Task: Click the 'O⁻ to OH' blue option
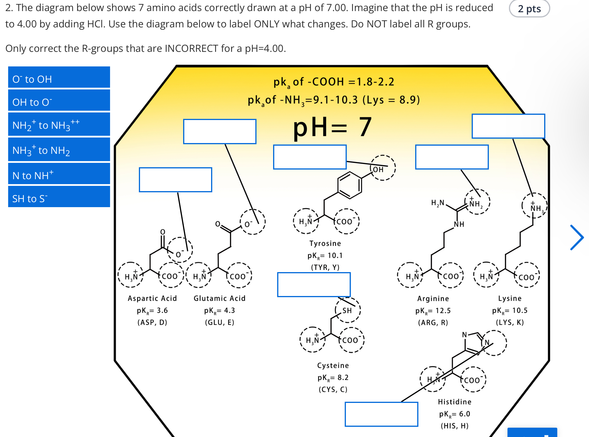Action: (59, 77)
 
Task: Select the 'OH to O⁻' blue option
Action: (59, 101)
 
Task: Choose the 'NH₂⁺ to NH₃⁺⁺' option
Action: (59, 124)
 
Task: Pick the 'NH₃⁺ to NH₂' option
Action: (59, 149)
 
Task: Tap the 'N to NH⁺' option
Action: (59, 174)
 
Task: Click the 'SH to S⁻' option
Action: (59, 197)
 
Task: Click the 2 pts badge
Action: (529, 9)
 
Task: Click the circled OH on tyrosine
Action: (382, 168)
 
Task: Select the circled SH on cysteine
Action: (348, 310)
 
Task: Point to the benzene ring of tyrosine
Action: (350, 185)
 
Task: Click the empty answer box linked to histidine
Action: (381, 414)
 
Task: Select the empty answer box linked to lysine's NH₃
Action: (508, 126)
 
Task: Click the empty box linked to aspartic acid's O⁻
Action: (175, 179)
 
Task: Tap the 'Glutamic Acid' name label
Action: (220, 298)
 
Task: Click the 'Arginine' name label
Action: (433, 299)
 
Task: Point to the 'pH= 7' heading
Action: (332, 127)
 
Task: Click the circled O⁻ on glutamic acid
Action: (252, 222)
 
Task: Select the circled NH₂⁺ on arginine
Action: (477, 202)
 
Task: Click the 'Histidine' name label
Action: (454, 402)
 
